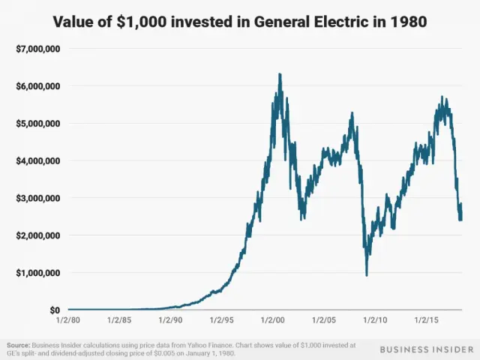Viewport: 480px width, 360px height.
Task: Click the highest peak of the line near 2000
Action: tap(280, 74)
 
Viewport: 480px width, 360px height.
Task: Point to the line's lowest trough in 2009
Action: tap(367, 275)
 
